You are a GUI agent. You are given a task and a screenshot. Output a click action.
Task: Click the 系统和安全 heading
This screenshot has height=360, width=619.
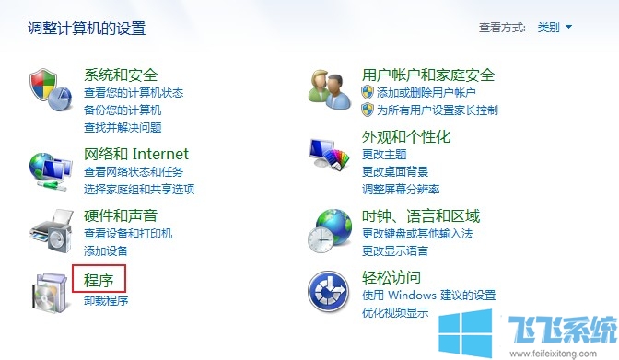click(x=121, y=75)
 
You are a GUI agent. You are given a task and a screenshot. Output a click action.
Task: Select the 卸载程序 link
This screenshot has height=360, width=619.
click(x=106, y=300)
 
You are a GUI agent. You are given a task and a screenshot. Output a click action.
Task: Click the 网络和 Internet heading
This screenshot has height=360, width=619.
click(x=135, y=154)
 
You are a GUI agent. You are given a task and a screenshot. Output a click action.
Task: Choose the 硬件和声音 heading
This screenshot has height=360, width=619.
click(x=121, y=216)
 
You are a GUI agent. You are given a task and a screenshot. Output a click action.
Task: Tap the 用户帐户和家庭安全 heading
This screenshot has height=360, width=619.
click(x=428, y=75)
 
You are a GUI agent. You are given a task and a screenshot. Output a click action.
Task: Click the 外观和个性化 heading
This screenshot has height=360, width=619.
click(x=406, y=137)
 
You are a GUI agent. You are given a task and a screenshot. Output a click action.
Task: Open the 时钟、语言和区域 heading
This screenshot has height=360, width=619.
click(x=421, y=216)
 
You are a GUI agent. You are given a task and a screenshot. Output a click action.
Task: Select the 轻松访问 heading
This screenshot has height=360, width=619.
click(x=391, y=278)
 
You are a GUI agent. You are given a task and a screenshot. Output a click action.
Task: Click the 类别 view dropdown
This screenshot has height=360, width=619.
click(x=555, y=28)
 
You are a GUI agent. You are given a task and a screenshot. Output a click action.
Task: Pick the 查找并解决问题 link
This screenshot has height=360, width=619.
click(x=123, y=127)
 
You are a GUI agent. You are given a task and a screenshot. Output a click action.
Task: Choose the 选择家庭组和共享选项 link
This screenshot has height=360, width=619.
click(x=139, y=189)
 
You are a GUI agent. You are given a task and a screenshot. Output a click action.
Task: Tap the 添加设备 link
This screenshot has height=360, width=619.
click(x=106, y=250)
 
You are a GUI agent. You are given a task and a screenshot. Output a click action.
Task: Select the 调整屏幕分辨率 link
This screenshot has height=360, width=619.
click(x=401, y=189)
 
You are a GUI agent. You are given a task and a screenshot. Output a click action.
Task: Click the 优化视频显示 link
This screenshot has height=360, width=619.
click(x=395, y=312)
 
